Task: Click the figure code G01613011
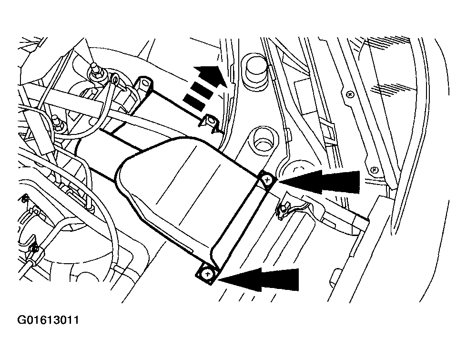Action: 49,320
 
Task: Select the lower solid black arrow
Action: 258,279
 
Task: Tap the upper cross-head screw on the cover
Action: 267,180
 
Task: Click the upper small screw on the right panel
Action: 351,94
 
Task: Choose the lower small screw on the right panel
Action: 374,170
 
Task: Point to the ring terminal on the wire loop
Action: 115,79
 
